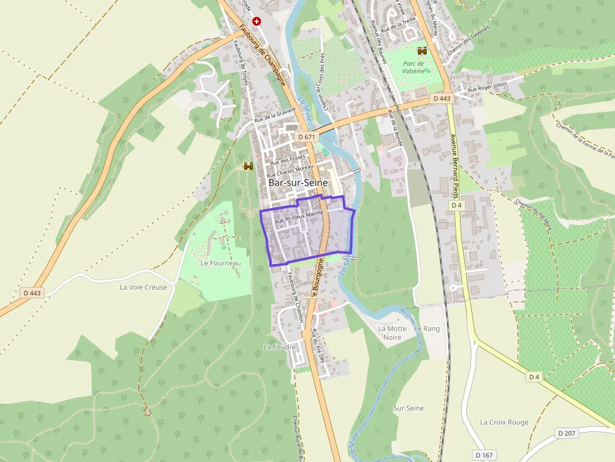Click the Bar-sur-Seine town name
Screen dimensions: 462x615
tap(297, 182)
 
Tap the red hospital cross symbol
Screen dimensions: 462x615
tap(257, 21)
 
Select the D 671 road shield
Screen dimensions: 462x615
tap(306, 137)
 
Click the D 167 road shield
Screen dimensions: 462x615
tap(484, 454)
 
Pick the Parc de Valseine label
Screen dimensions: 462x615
tap(414, 68)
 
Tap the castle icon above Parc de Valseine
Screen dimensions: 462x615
tap(422, 51)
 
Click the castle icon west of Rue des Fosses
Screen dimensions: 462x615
tap(249, 166)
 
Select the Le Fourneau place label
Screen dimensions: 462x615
tap(220, 263)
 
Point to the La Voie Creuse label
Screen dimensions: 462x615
tap(143, 287)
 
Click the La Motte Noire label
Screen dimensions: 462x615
tap(392, 333)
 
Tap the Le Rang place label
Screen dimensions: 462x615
tap(427, 328)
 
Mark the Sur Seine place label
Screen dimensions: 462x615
tap(409, 408)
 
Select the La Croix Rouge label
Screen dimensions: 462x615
tap(504, 422)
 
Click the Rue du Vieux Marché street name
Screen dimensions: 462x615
tap(299, 217)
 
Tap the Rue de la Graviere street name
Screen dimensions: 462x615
tap(275, 115)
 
